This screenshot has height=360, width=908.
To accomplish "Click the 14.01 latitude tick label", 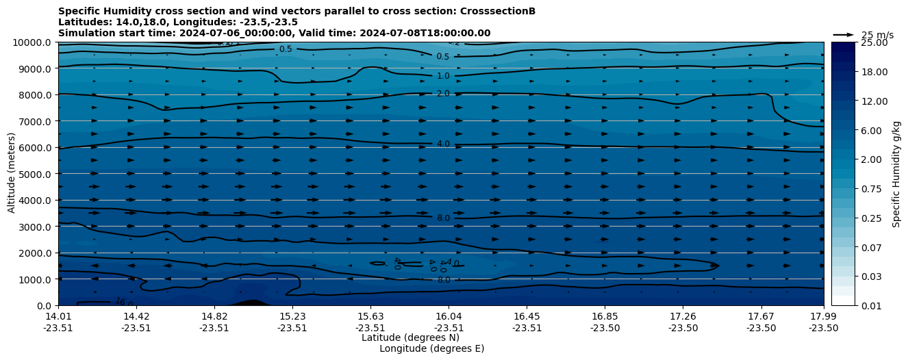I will pyautogui.click(x=58, y=316).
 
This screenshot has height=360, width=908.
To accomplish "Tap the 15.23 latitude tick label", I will pyautogui.click(x=292, y=316).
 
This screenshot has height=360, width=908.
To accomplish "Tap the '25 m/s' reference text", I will pyautogui.click(x=877, y=35).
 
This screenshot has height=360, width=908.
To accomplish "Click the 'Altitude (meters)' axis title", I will pyautogui.click(x=12, y=174).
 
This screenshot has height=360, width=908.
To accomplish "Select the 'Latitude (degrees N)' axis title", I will pyautogui.click(x=410, y=337).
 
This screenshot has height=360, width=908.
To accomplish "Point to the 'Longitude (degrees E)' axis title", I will pyautogui.click(x=431, y=348).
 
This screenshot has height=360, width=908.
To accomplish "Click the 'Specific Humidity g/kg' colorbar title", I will pyautogui.click(x=896, y=174).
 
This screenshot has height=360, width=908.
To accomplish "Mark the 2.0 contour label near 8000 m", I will pyautogui.click(x=443, y=94).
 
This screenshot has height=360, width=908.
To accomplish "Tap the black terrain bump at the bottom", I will pyautogui.click(x=251, y=303).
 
